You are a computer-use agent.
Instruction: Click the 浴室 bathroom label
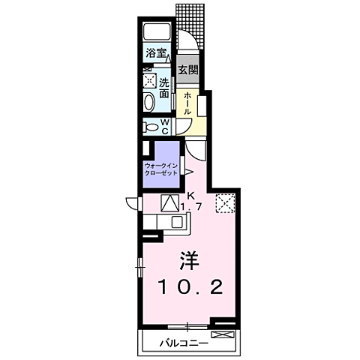coord(156,53)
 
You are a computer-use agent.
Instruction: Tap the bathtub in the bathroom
coord(157,31)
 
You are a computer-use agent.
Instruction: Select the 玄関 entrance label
coord(188,70)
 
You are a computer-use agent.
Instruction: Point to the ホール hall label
coord(187,103)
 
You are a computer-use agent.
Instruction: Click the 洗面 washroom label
coord(164,88)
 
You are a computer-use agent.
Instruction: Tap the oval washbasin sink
coord(149,102)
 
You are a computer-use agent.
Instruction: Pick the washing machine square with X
coord(149,80)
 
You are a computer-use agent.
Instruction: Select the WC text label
coord(165,127)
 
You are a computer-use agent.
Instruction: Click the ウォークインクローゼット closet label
coord(161,169)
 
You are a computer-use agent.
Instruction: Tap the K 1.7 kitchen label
coord(191,202)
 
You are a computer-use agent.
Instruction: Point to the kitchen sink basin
coord(177,221)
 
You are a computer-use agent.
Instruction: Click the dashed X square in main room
coord(225,203)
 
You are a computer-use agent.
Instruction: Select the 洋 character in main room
coord(189,260)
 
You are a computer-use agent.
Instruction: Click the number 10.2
coord(190,287)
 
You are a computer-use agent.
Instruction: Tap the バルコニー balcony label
coord(184,343)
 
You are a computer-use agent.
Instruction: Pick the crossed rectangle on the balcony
coord(223,334)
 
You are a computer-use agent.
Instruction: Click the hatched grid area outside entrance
coord(190,25)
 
